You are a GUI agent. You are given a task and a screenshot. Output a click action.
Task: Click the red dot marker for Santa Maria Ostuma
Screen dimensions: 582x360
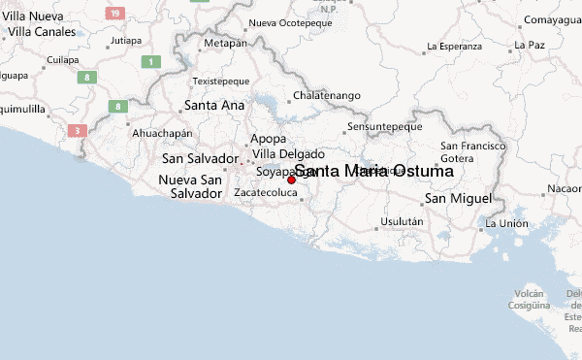point(291,180)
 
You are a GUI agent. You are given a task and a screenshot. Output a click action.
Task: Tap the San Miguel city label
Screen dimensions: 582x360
point(459,199)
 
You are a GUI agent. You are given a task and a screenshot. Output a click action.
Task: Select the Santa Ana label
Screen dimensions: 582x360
point(213,105)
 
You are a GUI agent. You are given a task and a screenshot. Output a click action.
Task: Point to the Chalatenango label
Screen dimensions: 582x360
point(327,95)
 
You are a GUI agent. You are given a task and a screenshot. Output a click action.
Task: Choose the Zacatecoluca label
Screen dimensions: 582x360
point(264,193)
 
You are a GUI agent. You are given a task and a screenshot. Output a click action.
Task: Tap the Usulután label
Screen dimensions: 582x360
point(402,221)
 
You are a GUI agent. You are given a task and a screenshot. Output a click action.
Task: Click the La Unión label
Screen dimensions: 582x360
point(506,223)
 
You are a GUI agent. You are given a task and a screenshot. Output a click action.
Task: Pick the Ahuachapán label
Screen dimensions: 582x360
point(161,133)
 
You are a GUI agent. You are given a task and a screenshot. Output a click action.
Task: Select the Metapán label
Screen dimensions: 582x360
point(225,43)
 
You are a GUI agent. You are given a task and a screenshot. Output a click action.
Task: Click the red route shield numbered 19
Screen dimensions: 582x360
point(115,13)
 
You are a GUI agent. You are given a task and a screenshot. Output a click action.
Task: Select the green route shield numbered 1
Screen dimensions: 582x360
point(150,61)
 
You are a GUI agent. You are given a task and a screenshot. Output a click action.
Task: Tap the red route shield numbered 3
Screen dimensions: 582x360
point(77,130)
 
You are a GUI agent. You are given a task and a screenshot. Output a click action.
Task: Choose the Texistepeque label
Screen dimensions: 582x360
point(221,81)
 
